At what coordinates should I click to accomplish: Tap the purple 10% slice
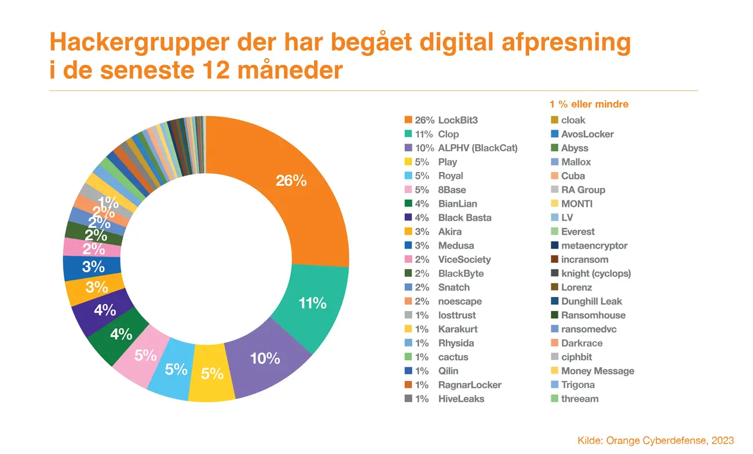265,359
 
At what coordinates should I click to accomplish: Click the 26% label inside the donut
291,181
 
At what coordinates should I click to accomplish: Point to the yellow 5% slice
212,373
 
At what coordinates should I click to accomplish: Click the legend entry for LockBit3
441,120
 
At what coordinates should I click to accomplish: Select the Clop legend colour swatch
408,134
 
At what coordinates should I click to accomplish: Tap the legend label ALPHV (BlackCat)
478,148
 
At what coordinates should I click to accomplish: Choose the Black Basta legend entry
448,217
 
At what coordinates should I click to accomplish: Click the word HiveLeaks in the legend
461,398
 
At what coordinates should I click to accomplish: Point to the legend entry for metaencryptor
589,246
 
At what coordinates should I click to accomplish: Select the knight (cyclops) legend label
596,273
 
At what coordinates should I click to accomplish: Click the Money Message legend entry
593,371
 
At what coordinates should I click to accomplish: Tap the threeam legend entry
575,398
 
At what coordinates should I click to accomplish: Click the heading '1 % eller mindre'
589,104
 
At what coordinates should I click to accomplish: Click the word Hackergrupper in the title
139,43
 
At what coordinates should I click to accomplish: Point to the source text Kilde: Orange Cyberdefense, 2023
656,440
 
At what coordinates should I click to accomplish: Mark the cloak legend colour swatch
555,120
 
